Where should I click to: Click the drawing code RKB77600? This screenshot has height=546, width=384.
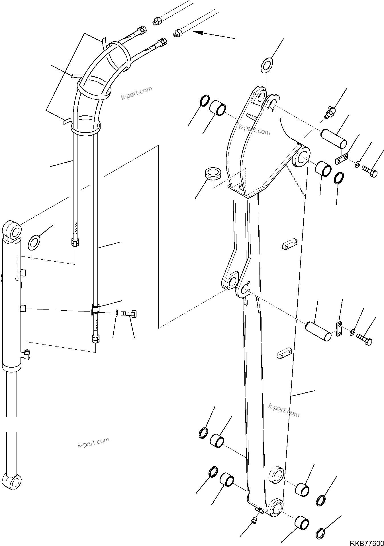(x=366, y=542)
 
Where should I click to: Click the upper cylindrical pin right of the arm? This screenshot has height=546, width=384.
(x=334, y=139)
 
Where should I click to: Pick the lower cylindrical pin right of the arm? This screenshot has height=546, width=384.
(x=318, y=331)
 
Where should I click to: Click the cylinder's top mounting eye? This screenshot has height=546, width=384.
(x=12, y=230)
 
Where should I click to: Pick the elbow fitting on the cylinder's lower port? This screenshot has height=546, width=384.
(x=27, y=355)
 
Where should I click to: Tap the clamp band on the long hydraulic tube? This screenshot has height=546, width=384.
(x=95, y=309)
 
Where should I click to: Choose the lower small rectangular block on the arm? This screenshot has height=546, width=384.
(x=284, y=353)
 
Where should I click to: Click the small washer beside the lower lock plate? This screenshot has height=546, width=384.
(x=352, y=331)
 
